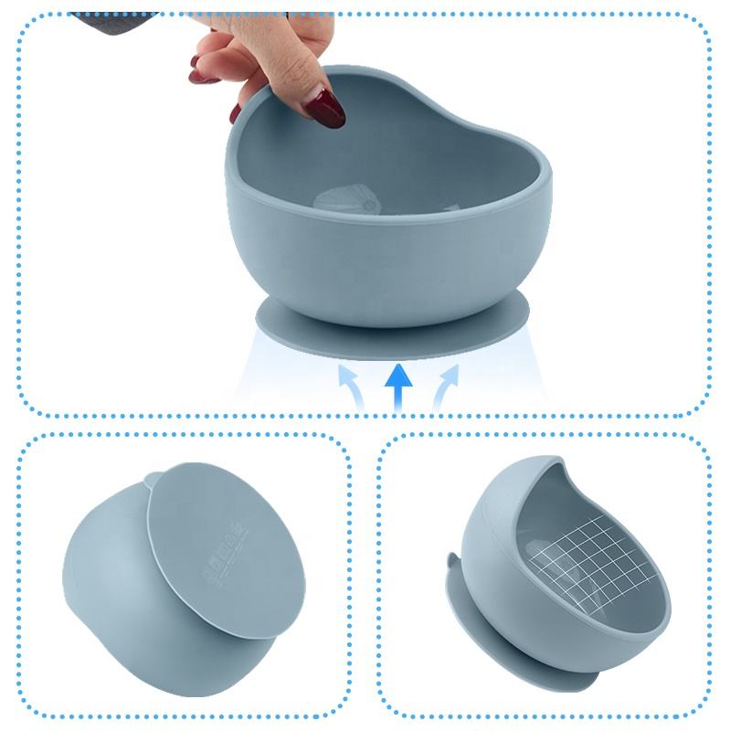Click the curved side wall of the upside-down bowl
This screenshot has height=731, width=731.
(119, 585)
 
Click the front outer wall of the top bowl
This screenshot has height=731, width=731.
(384, 265)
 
